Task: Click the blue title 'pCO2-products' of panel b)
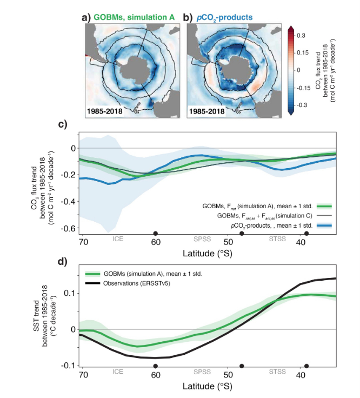click(224, 18)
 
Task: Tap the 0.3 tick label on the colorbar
click(302, 36)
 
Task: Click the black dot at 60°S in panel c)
click(156, 234)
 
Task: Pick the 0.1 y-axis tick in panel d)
click(70, 293)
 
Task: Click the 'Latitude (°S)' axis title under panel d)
click(209, 387)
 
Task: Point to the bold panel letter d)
click(63, 263)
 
